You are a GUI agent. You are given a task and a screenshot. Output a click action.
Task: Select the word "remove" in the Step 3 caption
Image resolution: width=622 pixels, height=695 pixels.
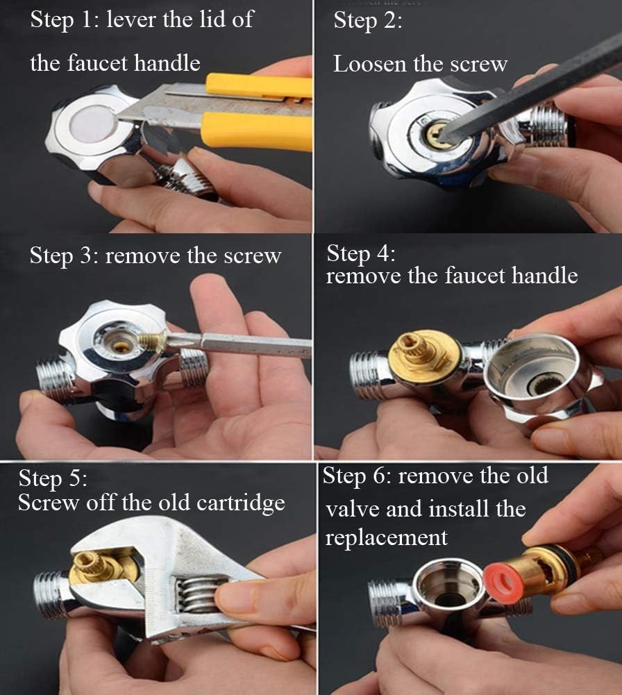click(142, 256)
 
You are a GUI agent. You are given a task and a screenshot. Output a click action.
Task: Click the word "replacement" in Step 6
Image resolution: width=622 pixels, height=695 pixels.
click(386, 537)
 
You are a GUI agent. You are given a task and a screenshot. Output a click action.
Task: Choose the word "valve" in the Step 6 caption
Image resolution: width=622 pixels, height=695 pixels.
click(352, 508)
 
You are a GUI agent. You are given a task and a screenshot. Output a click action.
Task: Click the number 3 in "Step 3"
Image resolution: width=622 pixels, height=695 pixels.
click(85, 256)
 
